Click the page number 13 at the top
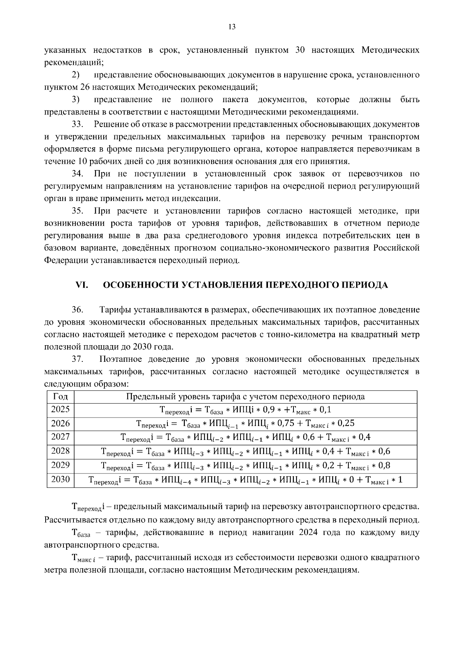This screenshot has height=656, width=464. coord(232,27)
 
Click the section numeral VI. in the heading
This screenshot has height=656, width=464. coord(82,285)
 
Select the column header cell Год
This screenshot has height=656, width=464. coord(60,397)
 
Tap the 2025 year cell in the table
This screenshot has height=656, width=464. coord(60,409)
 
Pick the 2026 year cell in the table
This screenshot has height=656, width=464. coord(60,423)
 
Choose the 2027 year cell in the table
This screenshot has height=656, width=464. coord(60,437)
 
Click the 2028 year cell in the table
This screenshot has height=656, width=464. coord(60,451)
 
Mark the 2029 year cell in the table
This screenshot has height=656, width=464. coord(60,465)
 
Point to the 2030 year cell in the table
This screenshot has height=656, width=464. coord(60,479)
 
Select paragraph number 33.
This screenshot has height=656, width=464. coord(77,124)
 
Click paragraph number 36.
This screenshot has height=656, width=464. coord(77,310)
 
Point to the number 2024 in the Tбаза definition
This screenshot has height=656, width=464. coord(308,533)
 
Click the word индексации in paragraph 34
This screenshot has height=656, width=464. coord(200,199)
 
